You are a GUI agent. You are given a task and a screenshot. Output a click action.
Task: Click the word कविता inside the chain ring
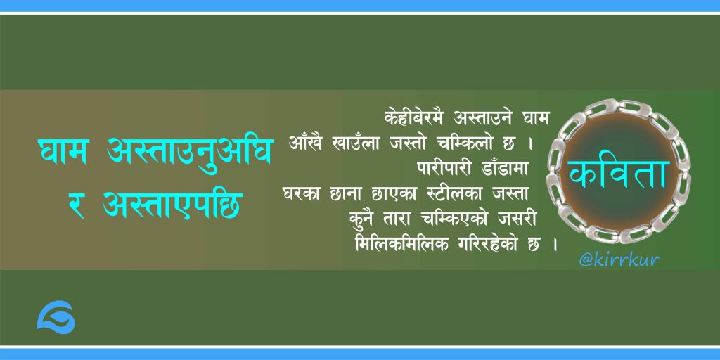coord(617,174)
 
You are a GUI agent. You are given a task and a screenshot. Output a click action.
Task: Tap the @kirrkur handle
coord(619,260)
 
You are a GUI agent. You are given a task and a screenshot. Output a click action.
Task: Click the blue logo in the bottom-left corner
coord(56,317)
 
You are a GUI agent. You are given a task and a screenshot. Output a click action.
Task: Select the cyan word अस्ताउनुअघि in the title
coord(190,152)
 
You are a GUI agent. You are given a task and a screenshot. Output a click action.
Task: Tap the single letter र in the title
coord(75,205)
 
